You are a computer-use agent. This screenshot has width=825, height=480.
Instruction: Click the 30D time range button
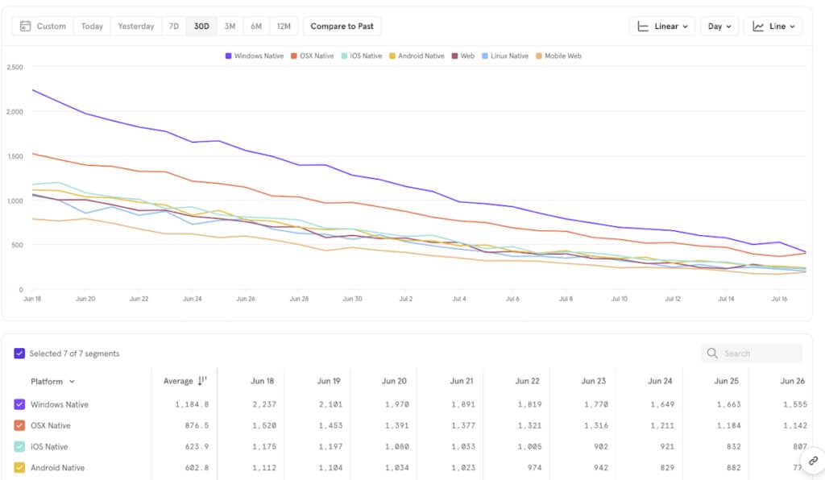(201, 27)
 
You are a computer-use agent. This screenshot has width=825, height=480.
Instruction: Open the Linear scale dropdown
(661, 27)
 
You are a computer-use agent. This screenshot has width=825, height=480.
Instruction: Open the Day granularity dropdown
(719, 27)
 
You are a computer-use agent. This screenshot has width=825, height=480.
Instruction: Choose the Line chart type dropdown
(773, 27)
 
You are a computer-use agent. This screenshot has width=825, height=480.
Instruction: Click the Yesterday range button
(135, 27)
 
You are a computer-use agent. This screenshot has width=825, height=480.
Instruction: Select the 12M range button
(284, 27)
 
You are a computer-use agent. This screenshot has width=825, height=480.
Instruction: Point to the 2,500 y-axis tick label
(15, 68)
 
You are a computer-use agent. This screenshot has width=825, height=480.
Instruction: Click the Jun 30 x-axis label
(352, 299)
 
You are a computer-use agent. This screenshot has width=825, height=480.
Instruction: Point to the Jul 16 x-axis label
(779, 299)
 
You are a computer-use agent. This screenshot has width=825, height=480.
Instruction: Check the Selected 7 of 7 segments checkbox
(19, 354)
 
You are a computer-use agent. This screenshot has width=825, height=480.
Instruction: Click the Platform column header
(52, 382)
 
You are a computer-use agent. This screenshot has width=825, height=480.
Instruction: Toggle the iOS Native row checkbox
(19, 447)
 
